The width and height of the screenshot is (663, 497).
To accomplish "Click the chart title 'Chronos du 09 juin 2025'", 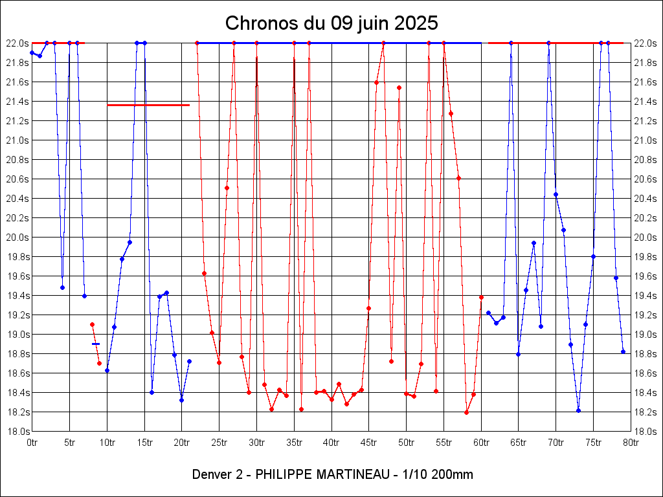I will (x=331, y=23).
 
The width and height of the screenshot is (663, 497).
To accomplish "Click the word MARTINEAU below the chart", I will (x=352, y=474).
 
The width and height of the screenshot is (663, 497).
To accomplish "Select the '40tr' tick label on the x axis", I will (x=331, y=443).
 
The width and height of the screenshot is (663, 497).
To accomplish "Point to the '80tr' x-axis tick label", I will (x=631, y=443).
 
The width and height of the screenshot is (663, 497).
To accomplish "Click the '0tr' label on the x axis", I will (x=32, y=443).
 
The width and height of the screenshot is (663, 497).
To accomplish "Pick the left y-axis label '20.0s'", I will (x=17, y=237).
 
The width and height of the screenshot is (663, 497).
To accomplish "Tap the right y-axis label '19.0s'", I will (x=645, y=335).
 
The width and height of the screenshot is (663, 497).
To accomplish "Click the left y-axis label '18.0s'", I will (x=17, y=432).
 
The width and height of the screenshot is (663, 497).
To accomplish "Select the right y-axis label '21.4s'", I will (x=645, y=102).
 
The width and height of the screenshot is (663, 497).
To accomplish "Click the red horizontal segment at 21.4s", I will (x=148, y=105).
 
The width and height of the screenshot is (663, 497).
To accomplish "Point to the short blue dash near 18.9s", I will (x=96, y=344).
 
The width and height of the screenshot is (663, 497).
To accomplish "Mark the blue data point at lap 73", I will (x=578, y=410).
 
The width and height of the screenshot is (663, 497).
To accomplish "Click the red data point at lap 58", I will (x=466, y=412).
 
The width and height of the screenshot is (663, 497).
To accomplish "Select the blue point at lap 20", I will (x=181, y=400).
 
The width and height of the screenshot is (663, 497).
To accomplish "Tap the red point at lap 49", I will (x=399, y=87).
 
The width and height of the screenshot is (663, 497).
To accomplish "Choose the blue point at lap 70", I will (x=556, y=194).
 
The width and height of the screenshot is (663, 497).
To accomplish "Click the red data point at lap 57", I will (x=458, y=178).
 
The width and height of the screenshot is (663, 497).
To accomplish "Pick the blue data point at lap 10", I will (x=107, y=370).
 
